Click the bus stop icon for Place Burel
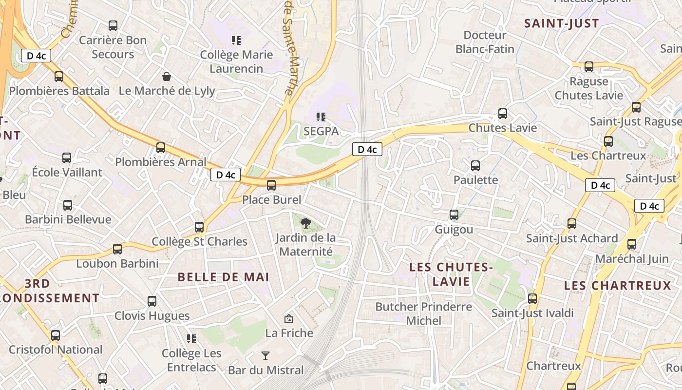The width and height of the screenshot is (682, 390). coord(271,185)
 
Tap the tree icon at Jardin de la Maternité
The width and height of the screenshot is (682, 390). coord(306,223)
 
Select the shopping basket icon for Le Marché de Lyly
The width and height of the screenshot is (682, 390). coord(167,77)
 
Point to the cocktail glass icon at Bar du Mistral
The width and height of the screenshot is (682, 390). coord(265,355)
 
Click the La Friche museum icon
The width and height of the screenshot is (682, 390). coord(289,319)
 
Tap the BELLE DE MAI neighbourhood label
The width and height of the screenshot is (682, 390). coord(223,277)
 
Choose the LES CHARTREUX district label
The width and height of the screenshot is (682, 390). coord(618,286)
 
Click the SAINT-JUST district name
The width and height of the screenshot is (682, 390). coord(561,23)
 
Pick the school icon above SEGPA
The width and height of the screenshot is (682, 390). coord(321,117)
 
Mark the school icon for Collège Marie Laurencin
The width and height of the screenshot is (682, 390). coord(236,40)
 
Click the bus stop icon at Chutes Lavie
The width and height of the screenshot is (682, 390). coord(503,114)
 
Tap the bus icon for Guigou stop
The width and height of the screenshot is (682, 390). coord(454,215)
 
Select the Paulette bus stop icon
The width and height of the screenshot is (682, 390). coord(475,166)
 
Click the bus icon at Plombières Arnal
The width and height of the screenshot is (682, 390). coord(161,148)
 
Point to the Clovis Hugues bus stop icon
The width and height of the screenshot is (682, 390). coord(152,301)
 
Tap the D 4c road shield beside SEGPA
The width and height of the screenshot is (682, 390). coord(367,149)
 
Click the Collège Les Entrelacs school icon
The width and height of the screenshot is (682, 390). coord(191,338)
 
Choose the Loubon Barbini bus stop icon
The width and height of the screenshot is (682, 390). coord(117,249)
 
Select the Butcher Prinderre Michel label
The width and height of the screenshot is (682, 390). coord(424,313)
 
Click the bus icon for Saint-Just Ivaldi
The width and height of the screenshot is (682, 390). coord(532,299)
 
